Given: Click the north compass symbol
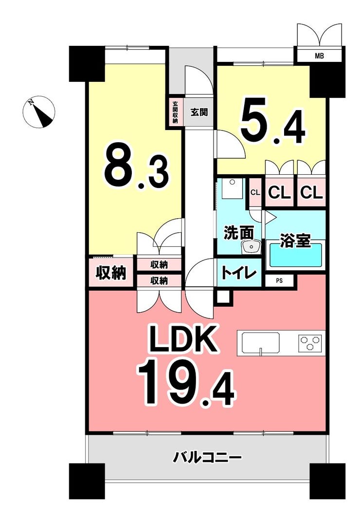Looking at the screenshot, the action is pyautogui.click(x=39, y=112).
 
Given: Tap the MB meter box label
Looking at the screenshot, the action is pyautogui.click(x=319, y=56).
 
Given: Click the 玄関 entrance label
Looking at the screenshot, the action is pyautogui.click(x=199, y=112).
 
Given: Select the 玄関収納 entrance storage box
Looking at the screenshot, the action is pyautogui.click(x=175, y=112).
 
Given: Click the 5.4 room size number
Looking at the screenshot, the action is pyautogui.click(x=273, y=121).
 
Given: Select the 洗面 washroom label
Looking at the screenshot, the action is pyautogui.click(x=239, y=233).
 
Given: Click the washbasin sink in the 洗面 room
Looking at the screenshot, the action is pyautogui.click(x=252, y=247).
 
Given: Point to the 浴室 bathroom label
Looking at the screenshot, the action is pyautogui.click(x=295, y=241).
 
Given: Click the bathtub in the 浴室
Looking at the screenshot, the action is pyautogui.click(x=296, y=255).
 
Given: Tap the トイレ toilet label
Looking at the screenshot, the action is pyautogui.click(x=239, y=274).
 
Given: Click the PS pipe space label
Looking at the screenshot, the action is pyautogui.click(x=279, y=281).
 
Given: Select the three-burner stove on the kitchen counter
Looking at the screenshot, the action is pyautogui.click(x=310, y=343).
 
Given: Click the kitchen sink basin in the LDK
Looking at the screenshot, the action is pyautogui.click(x=261, y=343).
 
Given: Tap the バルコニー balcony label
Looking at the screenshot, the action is pyautogui.click(x=207, y=458).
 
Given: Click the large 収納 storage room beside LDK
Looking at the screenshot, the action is pyautogui.click(x=111, y=273).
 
